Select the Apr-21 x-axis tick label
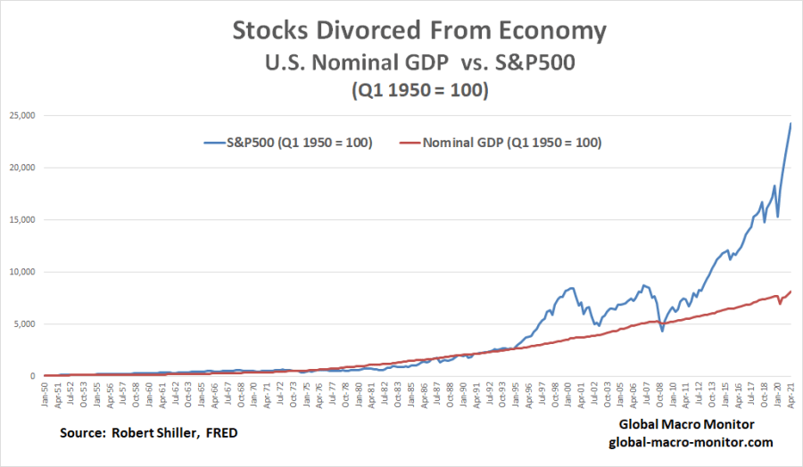(x=791, y=396)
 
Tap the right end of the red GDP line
(x=791, y=291)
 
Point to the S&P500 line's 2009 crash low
(x=662, y=332)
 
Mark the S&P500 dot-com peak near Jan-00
(x=571, y=287)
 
